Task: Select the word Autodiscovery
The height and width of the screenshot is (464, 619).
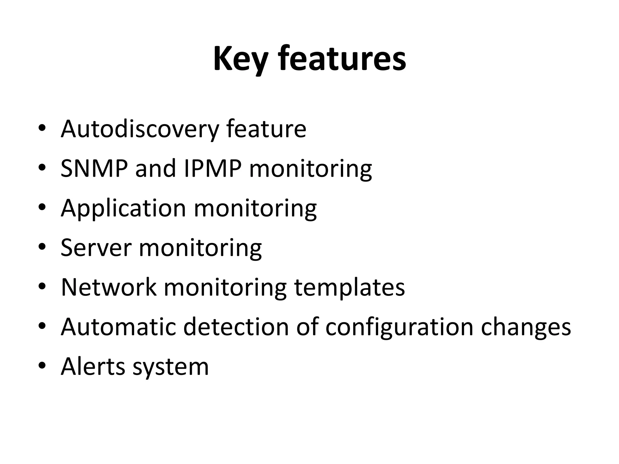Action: [140, 129]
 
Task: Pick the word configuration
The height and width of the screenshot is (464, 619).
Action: [399, 327]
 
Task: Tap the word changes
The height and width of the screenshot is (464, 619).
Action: [526, 327]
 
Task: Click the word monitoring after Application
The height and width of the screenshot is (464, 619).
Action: [255, 209]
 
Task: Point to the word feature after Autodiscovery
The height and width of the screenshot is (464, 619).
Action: [266, 129]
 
